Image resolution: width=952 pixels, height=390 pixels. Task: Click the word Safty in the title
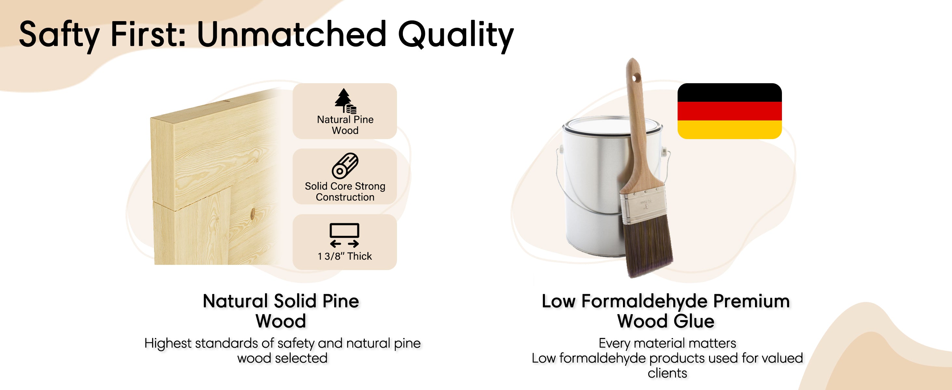(59, 35)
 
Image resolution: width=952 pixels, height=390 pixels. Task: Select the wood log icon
(345, 165)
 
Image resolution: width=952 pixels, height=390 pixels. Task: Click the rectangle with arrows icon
(344, 235)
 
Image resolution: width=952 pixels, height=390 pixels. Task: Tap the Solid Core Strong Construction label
(345, 191)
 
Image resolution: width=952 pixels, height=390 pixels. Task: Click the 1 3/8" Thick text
(344, 256)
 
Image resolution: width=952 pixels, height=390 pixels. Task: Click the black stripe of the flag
(730, 93)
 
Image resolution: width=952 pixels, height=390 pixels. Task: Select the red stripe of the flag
(730, 111)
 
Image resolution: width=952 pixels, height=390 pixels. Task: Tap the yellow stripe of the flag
(730, 130)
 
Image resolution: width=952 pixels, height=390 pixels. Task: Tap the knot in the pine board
(253, 214)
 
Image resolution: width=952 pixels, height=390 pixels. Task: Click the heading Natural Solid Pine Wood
(281, 311)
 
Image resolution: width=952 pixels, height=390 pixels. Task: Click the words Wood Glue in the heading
(666, 321)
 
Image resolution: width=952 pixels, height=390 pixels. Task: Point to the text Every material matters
(667, 343)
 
